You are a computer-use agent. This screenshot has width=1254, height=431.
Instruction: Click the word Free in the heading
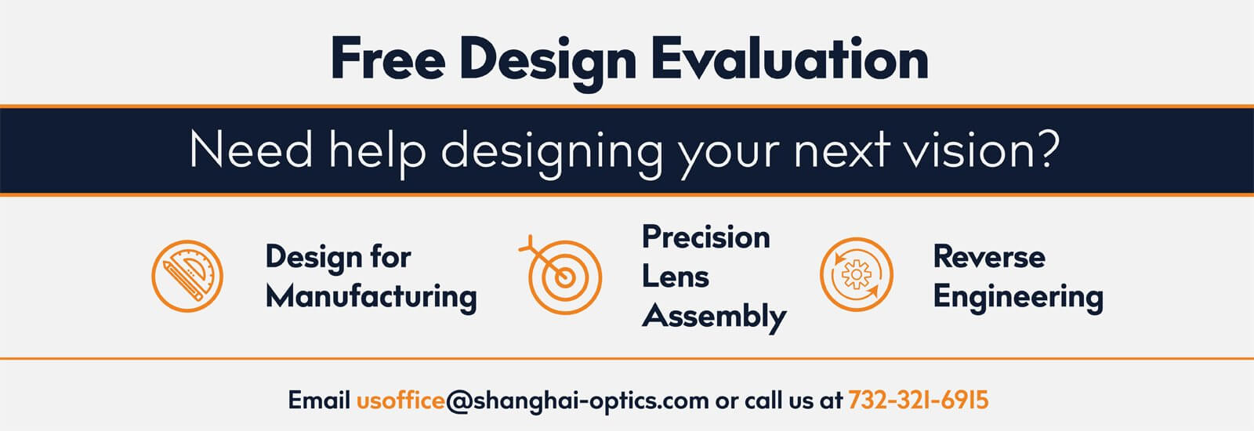tap(388, 58)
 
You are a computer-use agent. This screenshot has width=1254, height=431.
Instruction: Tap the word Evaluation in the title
tap(790, 58)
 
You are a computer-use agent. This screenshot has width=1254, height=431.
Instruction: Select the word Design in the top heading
tap(548, 63)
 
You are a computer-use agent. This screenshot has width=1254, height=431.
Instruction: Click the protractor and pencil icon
tap(187, 276)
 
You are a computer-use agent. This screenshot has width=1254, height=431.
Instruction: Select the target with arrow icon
tap(560, 274)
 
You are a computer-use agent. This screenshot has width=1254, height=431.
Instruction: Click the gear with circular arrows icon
tap(857, 274)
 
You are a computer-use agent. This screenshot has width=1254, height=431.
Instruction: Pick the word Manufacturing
tap(371, 296)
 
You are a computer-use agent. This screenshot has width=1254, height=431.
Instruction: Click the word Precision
tap(706, 237)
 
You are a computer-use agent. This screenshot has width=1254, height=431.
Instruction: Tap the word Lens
tap(675, 277)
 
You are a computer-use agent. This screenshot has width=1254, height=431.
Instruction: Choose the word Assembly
tap(714, 317)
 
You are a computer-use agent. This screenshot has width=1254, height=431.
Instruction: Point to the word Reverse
tap(989, 257)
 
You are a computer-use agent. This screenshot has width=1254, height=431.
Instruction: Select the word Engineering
tap(1018, 297)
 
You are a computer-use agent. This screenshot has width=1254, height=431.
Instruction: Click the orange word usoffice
tap(400, 400)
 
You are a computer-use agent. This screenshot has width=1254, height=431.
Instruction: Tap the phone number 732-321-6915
tap(918, 400)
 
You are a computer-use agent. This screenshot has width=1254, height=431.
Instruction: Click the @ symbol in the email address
tap(458, 402)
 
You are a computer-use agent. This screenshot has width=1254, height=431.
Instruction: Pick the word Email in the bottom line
tap(319, 400)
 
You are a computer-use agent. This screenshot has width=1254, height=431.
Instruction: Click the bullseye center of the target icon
tap(564, 277)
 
